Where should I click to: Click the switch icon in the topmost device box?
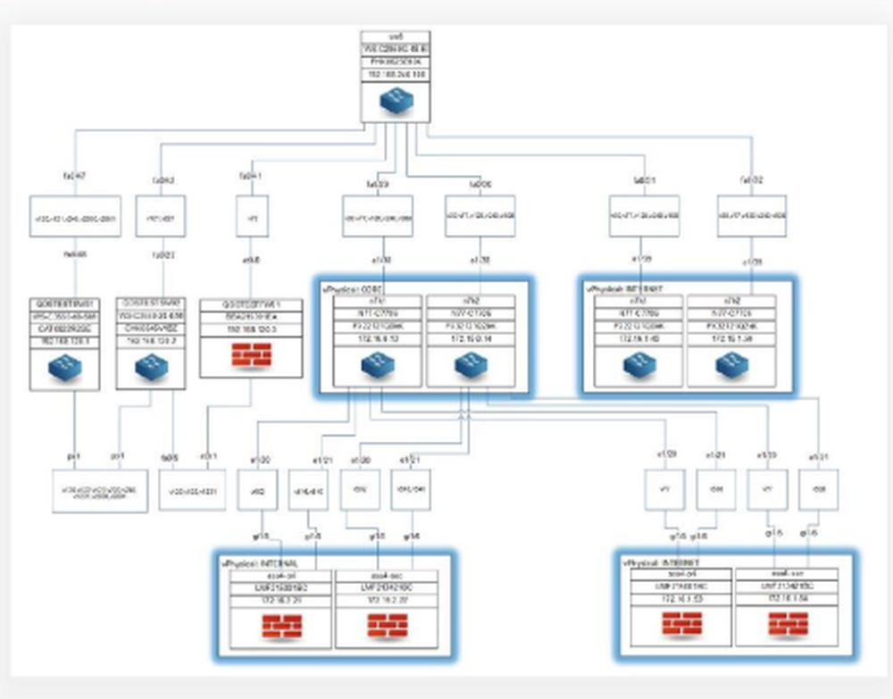click(x=396, y=102)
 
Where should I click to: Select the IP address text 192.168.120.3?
click(x=251, y=329)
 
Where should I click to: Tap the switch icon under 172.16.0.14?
click(x=470, y=365)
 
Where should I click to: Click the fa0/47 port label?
click(x=74, y=178)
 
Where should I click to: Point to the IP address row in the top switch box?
click(x=396, y=76)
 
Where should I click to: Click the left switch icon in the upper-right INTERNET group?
click(x=640, y=365)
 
